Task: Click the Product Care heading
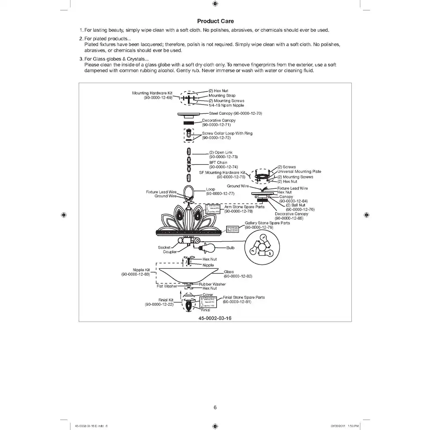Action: point(215,21)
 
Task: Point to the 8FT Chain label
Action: point(218,163)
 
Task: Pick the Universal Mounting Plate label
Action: point(299,172)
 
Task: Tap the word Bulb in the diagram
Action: point(230,248)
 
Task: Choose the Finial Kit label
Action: point(166,300)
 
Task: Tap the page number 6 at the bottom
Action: point(215,408)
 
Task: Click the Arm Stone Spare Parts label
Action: point(245,207)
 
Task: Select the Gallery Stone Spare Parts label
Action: point(267,223)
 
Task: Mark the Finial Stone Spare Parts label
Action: point(243,297)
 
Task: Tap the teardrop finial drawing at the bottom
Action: point(189,305)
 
